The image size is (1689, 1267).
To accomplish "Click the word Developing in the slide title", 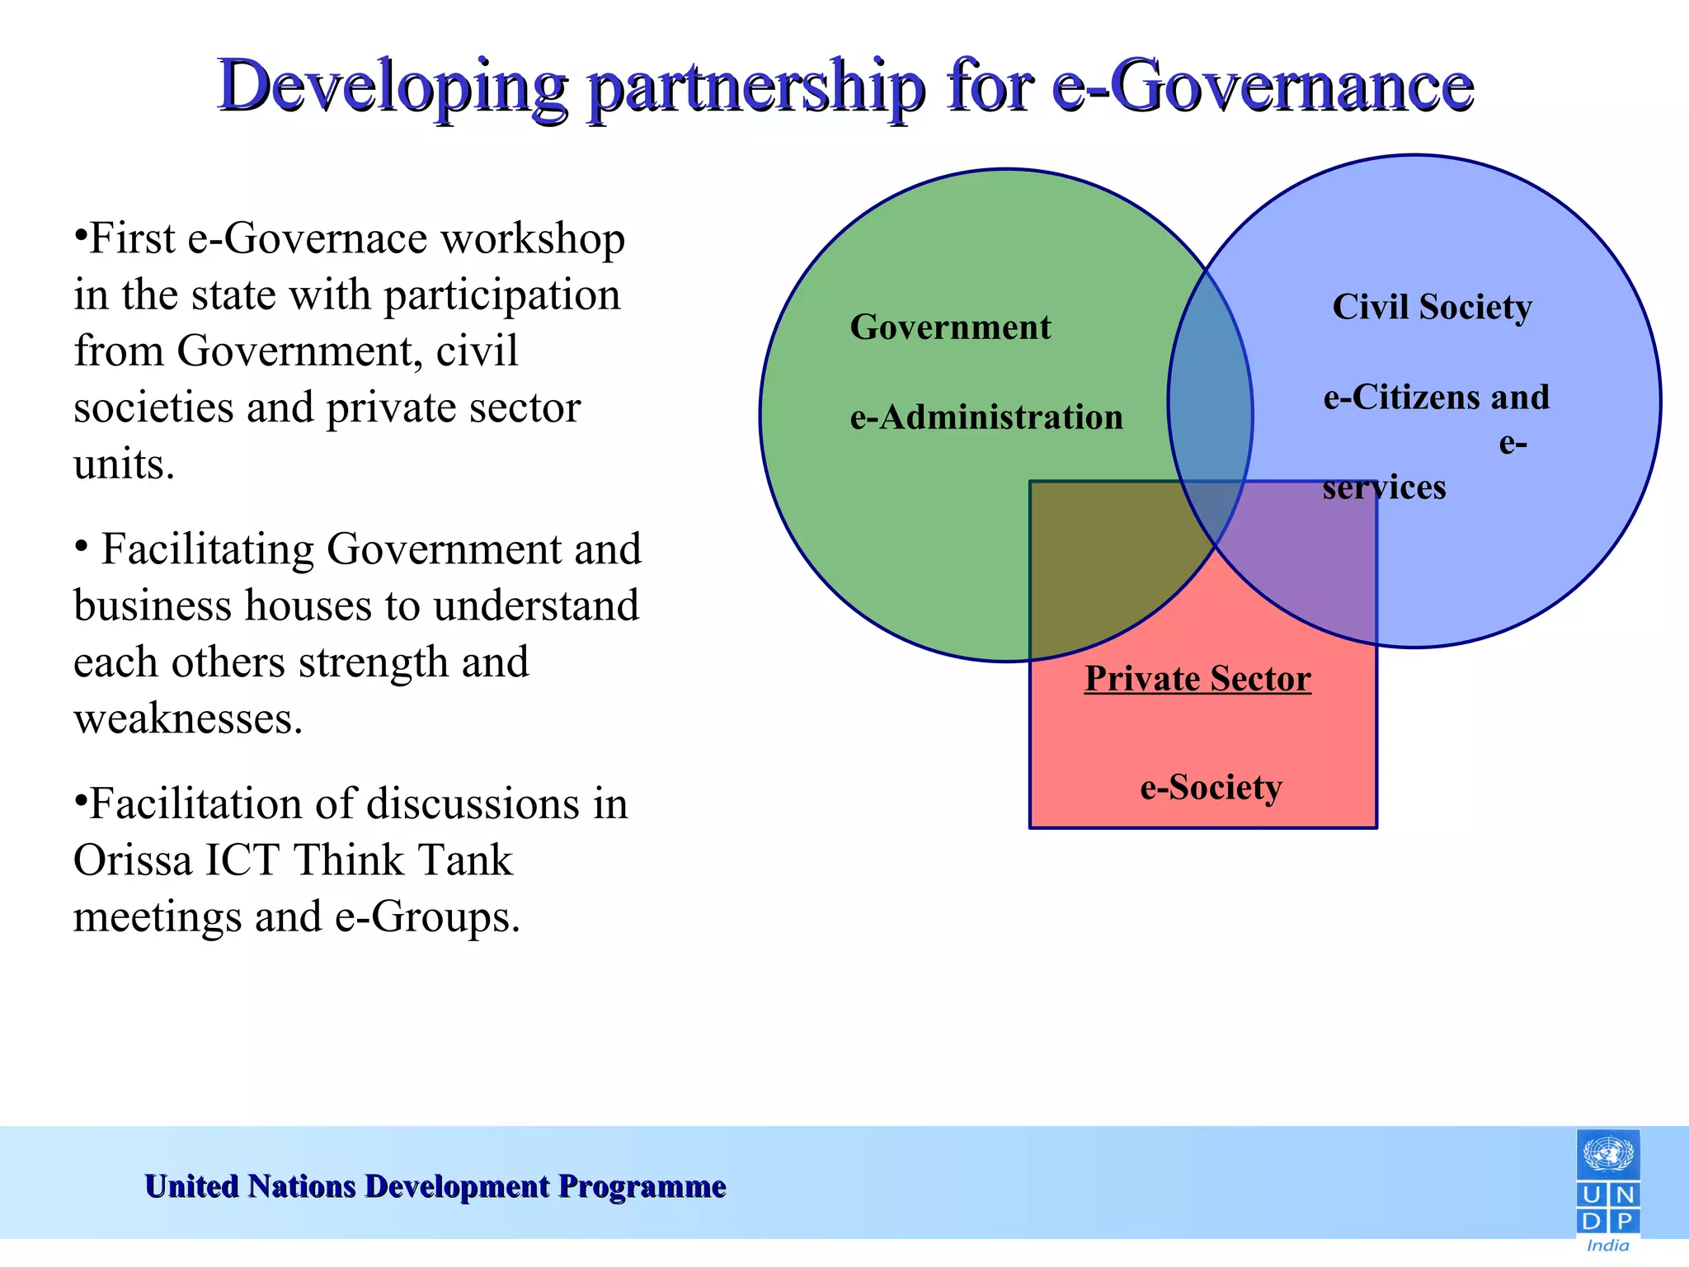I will pyautogui.click(x=393, y=87).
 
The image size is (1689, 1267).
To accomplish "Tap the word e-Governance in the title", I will pyautogui.click(x=1263, y=86).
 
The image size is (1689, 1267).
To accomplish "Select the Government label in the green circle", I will pyautogui.click(x=950, y=327).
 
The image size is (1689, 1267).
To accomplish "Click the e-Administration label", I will pyautogui.click(x=986, y=417).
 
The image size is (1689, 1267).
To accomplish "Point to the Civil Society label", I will pyautogui.click(x=1432, y=307).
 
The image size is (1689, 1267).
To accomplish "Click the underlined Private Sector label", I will pyautogui.click(x=1197, y=679).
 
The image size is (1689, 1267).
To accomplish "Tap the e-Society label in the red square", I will pyautogui.click(x=1211, y=787).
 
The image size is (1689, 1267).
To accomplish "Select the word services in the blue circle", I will pyautogui.click(x=1384, y=487).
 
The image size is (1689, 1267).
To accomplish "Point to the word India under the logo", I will pyautogui.click(x=1608, y=1246).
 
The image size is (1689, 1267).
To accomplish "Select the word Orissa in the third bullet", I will pyautogui.click(x=133, y=860).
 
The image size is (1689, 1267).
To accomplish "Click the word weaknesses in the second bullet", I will pyautogui.click(x=188, y=718).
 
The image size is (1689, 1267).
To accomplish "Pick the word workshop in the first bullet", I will pyautogui.click(x=532, y=239).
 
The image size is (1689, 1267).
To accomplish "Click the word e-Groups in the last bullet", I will pyautogui.click(x=426, y=917).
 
